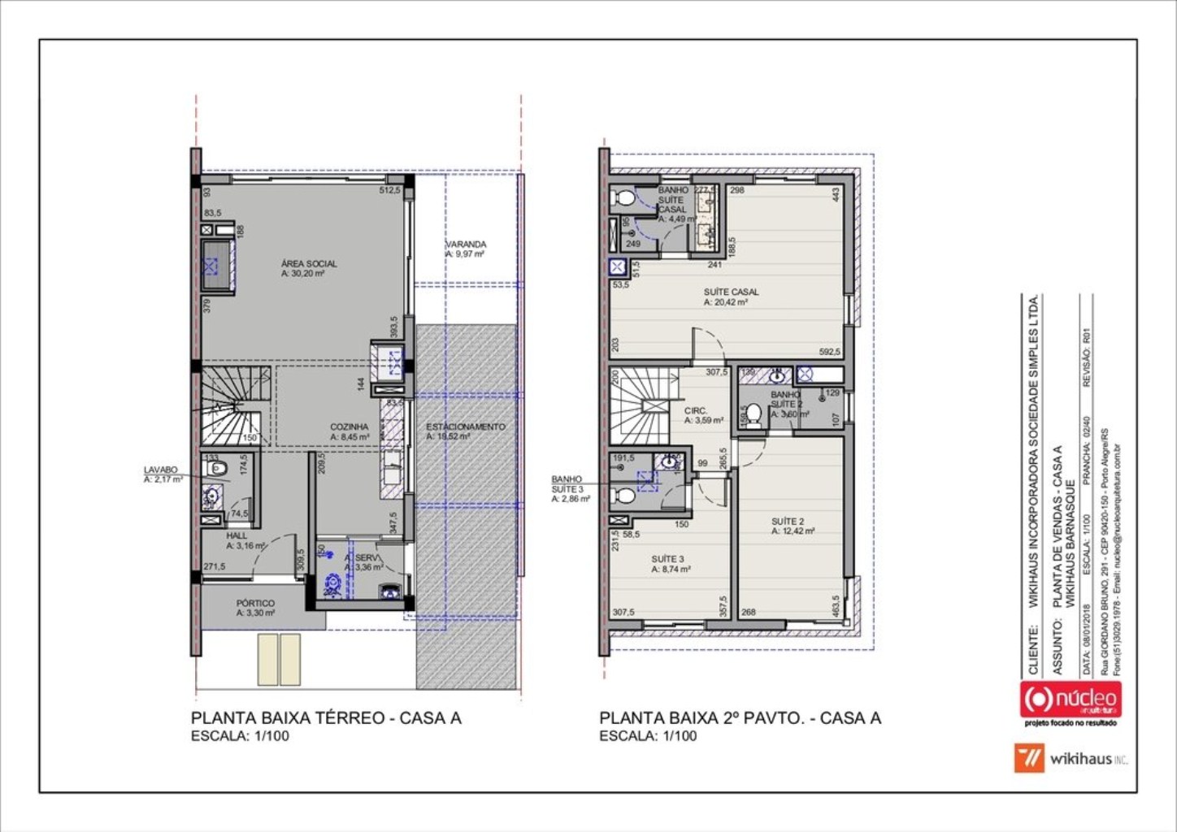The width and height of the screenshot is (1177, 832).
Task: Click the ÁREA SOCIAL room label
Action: tap(309, 264)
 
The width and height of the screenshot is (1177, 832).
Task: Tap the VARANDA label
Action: tap(466, 245)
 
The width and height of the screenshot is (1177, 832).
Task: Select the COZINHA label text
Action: tap(349, 427)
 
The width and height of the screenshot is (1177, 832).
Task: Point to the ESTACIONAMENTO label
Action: tap(466, 427)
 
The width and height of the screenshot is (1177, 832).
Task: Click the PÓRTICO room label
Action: tap(255, 604)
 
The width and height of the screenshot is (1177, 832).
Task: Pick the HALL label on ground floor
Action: tap(237, 536)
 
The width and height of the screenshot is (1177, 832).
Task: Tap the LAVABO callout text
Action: tap(160, 470)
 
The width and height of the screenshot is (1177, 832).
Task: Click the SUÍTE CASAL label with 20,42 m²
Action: tap(732, 292)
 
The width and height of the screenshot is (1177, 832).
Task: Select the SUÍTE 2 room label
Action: tap(788, 522)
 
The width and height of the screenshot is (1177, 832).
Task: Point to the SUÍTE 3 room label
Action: tap(667, 560)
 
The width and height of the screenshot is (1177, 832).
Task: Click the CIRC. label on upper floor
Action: tap(696, 411)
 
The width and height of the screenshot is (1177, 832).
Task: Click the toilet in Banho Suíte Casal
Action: tap(625, 197)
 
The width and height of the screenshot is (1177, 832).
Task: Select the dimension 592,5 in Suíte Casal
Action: tap(829, 352)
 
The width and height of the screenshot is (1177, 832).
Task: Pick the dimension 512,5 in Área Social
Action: tap(390, 191)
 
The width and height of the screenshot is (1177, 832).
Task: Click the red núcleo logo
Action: tap(1070, 699)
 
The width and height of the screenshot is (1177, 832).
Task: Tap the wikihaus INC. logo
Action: tap(1071, 759)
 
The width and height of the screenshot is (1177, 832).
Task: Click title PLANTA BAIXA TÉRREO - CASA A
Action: tap(326, 718)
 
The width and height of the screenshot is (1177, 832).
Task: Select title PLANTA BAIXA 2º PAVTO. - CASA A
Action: tap(740, 718)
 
